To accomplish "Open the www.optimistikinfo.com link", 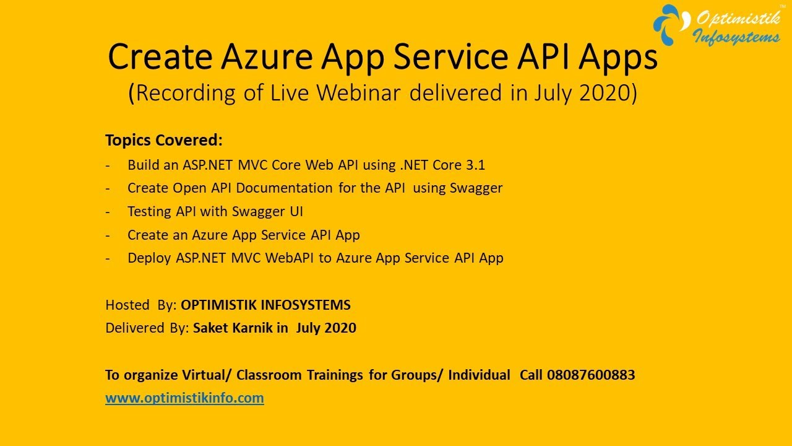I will point(184,398).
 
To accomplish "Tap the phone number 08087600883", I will point(591,375).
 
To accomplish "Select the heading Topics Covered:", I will point(163,140).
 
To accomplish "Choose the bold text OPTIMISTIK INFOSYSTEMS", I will point(265,305).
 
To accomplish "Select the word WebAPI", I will point(290,258).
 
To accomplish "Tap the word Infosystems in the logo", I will point(736,37).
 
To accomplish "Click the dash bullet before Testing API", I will point(108,211).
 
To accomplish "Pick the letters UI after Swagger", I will point(296,211).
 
